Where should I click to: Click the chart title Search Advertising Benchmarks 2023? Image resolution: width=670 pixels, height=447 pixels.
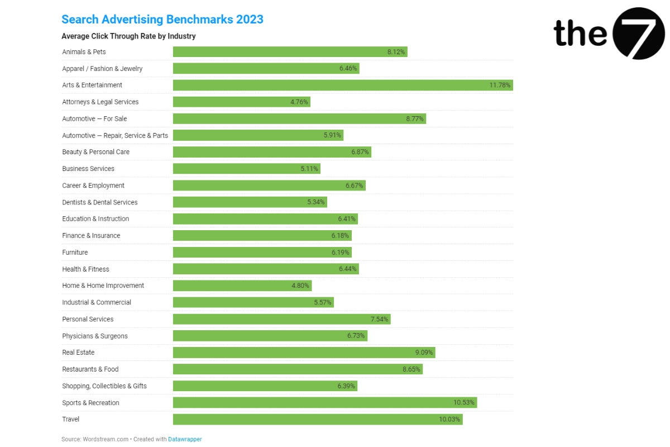[x=162, y=20]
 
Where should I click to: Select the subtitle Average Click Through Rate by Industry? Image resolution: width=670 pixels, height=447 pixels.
[x=128, y=36]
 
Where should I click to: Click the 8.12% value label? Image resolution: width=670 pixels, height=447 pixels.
[x=396, y=52]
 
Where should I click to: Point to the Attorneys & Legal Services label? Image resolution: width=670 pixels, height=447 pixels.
[x=100, y=102]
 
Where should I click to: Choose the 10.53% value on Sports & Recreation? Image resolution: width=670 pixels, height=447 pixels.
[x=464, y=403]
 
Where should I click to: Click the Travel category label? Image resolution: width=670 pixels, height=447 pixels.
[x=71, y=419]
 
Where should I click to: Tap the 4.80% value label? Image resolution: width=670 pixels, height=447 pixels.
[x=300, y=286]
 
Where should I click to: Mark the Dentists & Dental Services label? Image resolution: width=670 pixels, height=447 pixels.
[x=100, y=202]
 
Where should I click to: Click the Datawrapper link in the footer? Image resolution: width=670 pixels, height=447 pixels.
[x=185, y=439]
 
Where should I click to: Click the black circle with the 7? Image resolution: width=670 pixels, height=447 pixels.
[x=639, y=34]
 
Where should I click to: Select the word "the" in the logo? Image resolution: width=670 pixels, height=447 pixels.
[x=580, y=34]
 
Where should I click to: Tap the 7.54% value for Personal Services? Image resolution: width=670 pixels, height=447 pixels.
[x=380, y=319]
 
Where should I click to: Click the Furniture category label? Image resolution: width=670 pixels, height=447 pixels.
[x=75, y=253]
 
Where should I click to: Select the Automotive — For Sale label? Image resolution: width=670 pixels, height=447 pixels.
[x=94, y=118]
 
